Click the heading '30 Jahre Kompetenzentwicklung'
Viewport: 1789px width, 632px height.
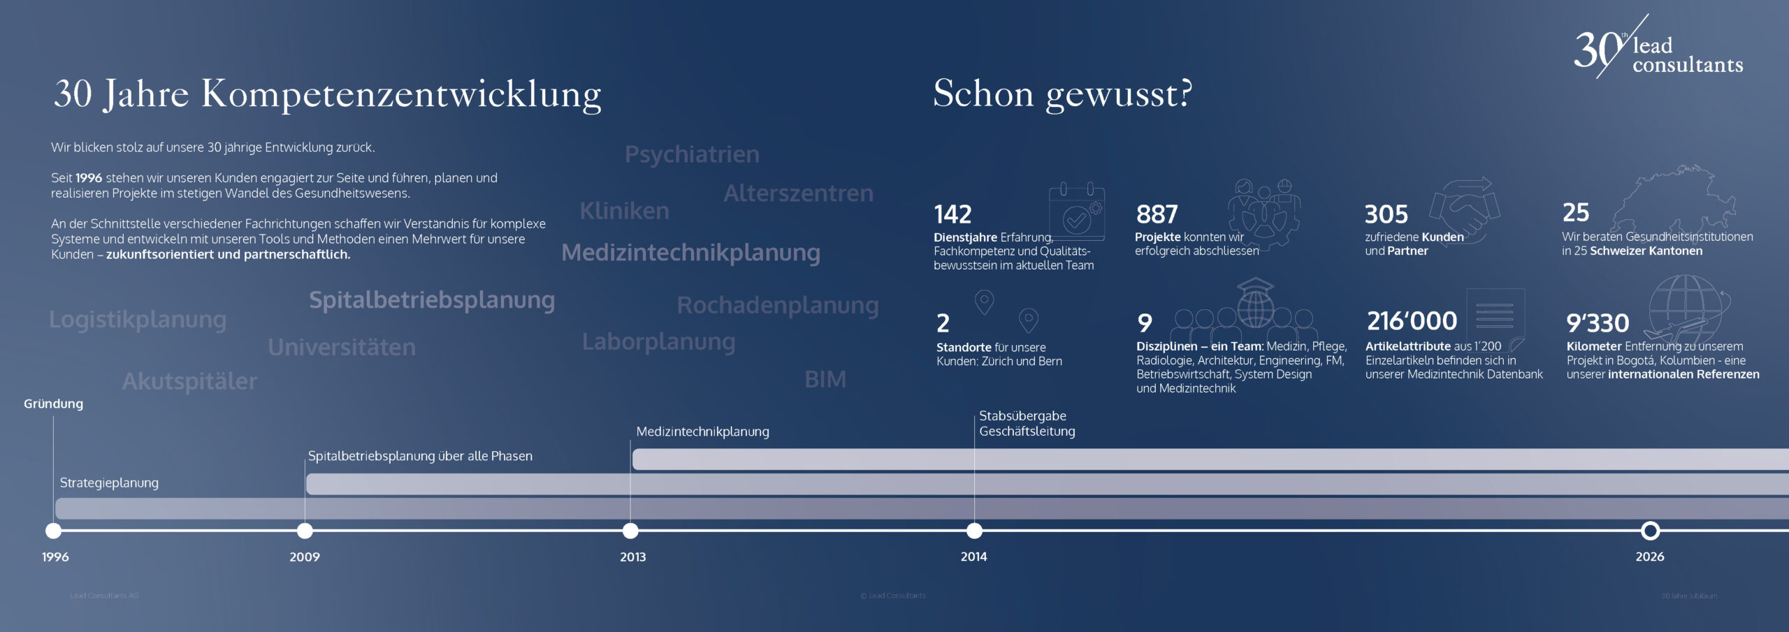[x=327, y=94]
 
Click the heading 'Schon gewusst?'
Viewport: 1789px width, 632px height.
[x=1062, y=94]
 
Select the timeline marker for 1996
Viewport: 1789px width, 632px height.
[x=53, y=531]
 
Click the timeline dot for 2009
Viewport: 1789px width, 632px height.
[x=305, y=531]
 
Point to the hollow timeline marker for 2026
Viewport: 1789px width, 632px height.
[x=1650, y=531]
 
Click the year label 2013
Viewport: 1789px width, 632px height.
[x=632, y=557]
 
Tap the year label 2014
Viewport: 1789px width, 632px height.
[x=973, y=557]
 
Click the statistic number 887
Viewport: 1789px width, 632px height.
[x=1157, y=214]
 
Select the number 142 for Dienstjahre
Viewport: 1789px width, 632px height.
[x=953, y=214]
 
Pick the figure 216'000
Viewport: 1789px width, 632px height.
[x=1412, y=321]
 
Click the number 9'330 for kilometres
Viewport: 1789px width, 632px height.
[x=1598, y=323]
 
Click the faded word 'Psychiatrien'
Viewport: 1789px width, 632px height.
[x=692, y=154]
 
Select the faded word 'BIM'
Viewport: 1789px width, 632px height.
[x=825, y=379]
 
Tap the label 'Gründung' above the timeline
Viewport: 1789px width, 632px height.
[x=53, y=404]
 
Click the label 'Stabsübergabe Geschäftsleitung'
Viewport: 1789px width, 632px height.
[x=1027, y=423]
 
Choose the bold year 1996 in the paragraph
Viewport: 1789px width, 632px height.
[x=89, y=178]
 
